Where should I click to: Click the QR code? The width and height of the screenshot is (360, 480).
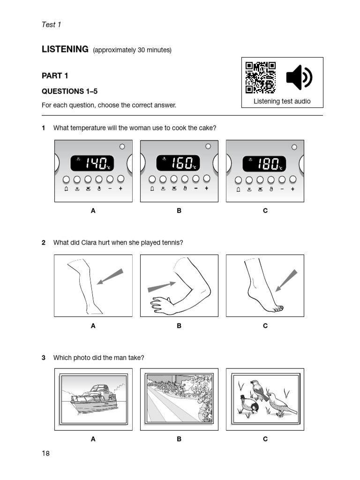[261, 77]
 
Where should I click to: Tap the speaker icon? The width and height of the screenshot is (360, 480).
[299, 77]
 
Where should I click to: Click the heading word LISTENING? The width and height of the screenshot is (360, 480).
[65, 49]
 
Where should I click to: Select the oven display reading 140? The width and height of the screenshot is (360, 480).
[92, 163]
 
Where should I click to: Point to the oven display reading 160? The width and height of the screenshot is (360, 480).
[178, 163]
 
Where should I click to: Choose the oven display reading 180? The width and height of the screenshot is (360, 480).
[264, 163]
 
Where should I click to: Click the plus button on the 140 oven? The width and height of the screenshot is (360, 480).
[120, 189]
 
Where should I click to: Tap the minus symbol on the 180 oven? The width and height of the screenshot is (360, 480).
[282, 189]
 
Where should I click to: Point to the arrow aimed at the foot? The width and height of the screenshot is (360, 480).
[285, 280]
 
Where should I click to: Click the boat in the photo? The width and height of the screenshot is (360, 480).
[91, 400]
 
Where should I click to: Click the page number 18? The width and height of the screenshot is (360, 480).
[45, 453]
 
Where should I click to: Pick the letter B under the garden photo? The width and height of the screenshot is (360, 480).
[179, 439]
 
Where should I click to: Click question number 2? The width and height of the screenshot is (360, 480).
[44, 242]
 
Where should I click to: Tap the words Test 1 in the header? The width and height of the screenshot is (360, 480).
[52, 24]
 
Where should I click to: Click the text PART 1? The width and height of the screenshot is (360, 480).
[55, 75]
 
